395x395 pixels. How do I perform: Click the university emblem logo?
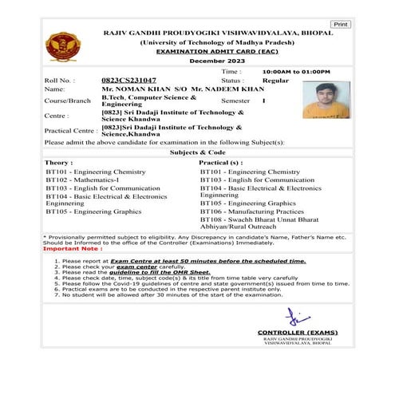59,47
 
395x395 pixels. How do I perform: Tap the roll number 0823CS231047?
129,81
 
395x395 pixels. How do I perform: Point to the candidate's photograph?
327,100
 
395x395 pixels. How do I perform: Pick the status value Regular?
276,81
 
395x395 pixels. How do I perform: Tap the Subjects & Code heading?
198,152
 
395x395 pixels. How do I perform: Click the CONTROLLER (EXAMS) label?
298,332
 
